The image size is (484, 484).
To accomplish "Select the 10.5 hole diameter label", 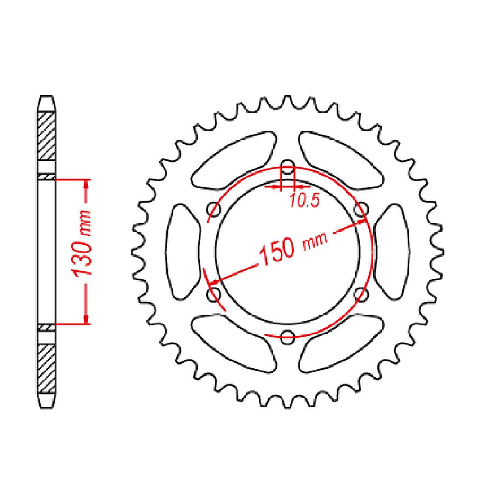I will click(305, 200).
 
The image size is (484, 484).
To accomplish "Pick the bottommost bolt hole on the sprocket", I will click(287, 337).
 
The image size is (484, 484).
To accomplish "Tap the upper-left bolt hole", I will click(213, 210).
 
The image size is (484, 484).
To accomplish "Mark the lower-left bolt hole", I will click(213, 294).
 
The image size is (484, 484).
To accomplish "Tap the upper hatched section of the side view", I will click(46, 135).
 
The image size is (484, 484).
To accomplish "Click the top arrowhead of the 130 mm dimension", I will click(86, 184).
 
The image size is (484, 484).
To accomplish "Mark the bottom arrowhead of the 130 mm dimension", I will click(86, 319).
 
